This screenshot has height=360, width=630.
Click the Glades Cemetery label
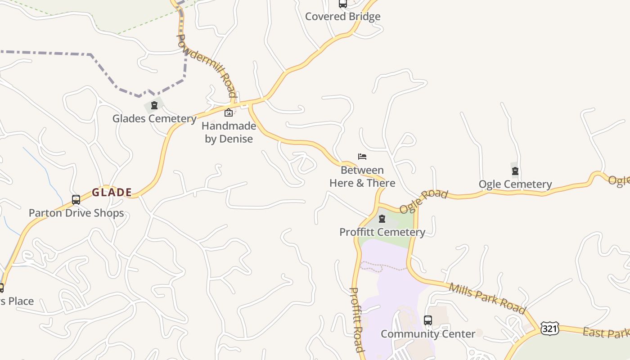(x=154, y=119)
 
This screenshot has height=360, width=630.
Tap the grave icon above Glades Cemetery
(x=154, y=105)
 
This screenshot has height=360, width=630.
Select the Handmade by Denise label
(x=229, y=132)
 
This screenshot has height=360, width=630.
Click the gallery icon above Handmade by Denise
(x=229, y=112)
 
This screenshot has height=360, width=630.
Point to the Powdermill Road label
(x=207, y=65)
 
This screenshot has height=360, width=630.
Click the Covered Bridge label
(x=342, y=17)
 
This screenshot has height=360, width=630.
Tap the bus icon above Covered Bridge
(x=342, y=4)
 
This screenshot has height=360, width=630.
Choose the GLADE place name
(x=112, y=193)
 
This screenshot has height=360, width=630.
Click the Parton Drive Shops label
(x=76, y=213)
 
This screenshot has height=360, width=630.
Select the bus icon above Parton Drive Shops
(x=76, y=199)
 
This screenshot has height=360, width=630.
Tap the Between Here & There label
(x=362, y=176)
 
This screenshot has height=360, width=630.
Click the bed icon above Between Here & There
(x=362, y=157)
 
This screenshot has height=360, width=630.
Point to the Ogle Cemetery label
(x=515, y=184)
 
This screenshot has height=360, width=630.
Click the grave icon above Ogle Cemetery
(x=515, y=171)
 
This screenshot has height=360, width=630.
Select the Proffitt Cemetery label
(x=382, y=232)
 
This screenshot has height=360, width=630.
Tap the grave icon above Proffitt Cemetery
(x=382, y=219)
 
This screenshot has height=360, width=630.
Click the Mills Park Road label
(x=487, y=298)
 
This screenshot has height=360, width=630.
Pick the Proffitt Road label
(x=356, y=319)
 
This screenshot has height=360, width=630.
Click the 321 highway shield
(x=550, y=328)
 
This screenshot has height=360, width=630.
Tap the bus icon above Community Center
(x=428, y=320)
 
